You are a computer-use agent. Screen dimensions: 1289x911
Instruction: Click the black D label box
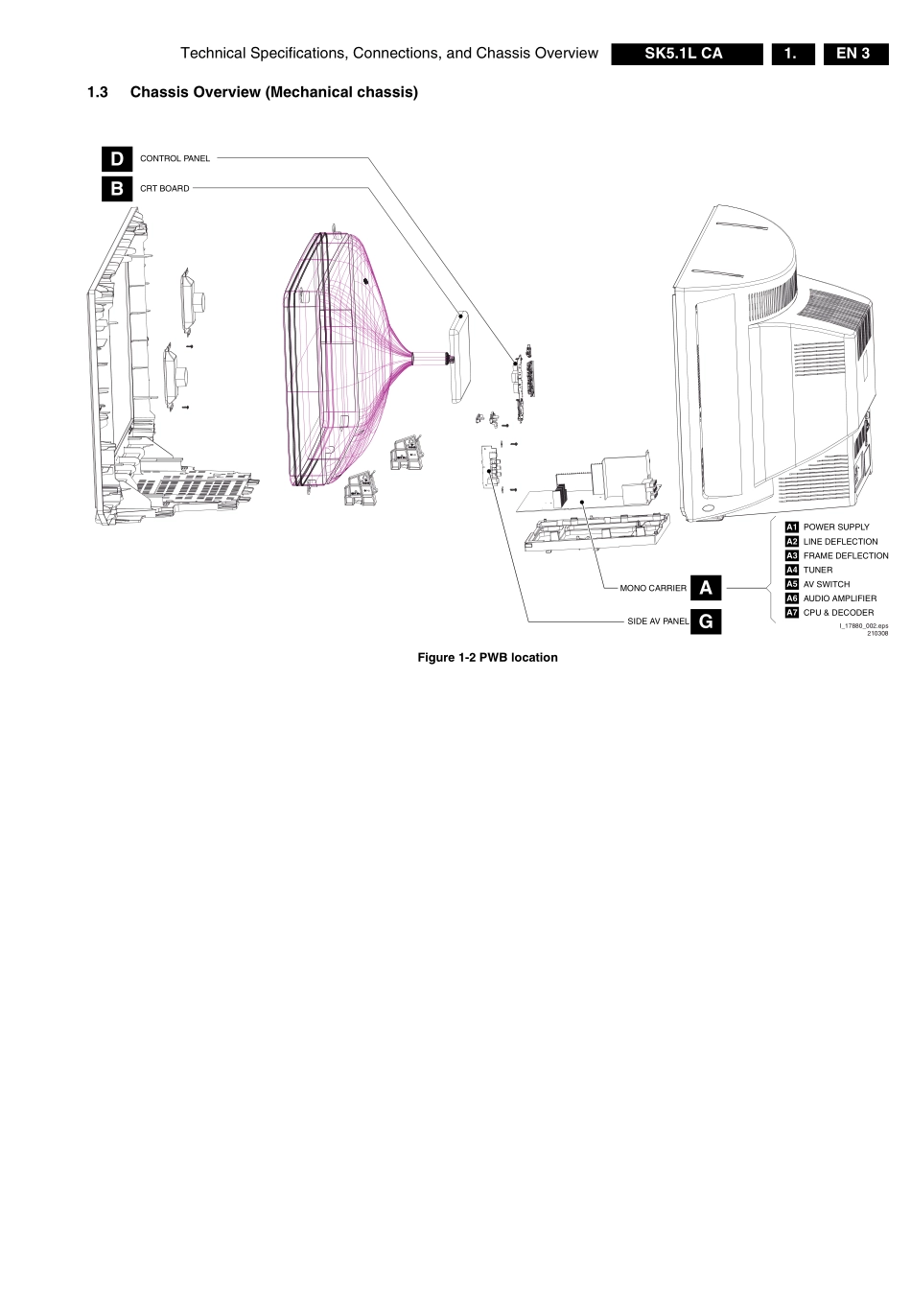click(x=117, y=159)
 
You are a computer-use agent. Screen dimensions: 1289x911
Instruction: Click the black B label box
click(x=117, y=189)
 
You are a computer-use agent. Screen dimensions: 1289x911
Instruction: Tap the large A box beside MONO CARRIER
click(x=706, y=588)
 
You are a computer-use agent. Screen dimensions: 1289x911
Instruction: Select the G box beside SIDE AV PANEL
click(x=706, y=621)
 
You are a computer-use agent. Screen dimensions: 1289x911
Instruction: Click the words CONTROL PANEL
click(x=175, y=159)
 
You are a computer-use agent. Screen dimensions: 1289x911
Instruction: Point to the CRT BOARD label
click(x=165, y=189)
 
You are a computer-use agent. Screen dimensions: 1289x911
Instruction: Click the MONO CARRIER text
click(x=653, y=589)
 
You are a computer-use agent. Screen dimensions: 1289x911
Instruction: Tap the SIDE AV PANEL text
click(x=658, y=621)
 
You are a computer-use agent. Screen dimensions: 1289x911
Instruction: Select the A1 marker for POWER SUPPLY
click(x=792, y=527)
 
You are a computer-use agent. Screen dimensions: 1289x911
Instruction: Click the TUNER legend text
click(x=818, y=570)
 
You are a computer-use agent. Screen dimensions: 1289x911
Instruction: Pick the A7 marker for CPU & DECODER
click(x=792, y=613)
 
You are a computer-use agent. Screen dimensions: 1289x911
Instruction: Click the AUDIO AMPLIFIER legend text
click(x=840, y=598)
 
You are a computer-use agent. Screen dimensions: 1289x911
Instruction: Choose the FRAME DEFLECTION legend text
click(x=846, y=556)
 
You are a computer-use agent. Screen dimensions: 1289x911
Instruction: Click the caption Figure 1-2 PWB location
click(x=487, y=658)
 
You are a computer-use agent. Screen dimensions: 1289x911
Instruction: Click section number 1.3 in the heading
click(x=97, y=92)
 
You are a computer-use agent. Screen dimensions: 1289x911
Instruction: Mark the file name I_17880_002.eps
click(x=863, y=626)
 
